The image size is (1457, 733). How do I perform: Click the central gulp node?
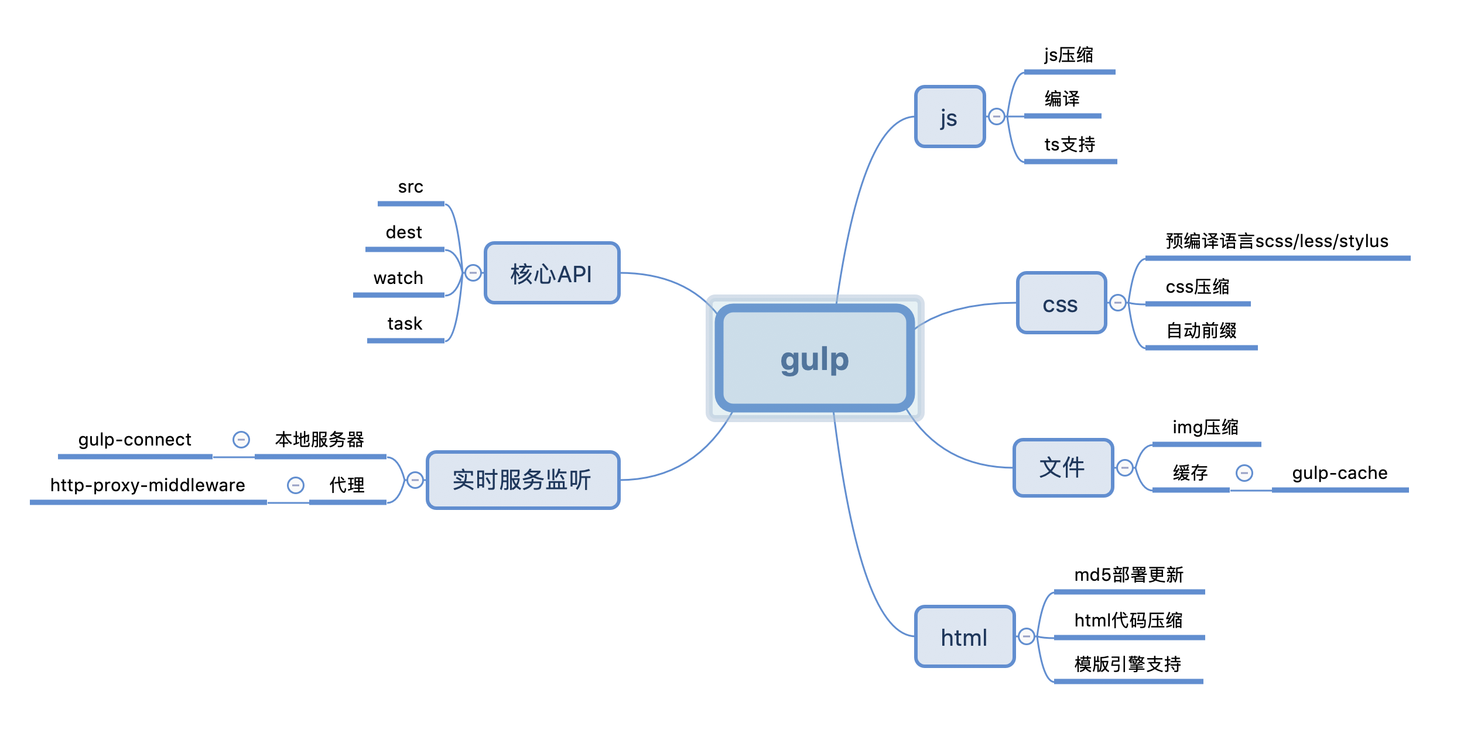[x=815, y=358]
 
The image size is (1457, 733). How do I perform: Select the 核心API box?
[x=552, y=273]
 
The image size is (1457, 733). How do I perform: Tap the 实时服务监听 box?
[x=522, y=480]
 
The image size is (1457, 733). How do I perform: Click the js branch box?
[x=950, y=117]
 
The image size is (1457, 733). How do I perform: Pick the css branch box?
[x=1061, y=303]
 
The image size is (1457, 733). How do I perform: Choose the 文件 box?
[x=1063, y=468]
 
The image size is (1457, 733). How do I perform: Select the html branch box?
[x=965, y=637]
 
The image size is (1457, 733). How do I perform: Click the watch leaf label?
[x=398, y=278]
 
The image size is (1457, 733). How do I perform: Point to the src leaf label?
[x=411, y=187]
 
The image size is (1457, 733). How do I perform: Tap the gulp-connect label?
[x=135, y=440]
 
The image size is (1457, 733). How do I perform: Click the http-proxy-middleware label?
[x=148, y=485]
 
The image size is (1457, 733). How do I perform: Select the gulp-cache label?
[x=1340, y=473]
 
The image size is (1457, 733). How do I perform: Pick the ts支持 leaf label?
[x=1069, y=145]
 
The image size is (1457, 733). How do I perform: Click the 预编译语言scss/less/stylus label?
[x=1277, y=241]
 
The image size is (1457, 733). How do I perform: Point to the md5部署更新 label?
[x=1128, y=575]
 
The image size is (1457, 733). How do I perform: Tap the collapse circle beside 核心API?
[x=473, y=273]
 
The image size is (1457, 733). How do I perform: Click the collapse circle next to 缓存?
[x=1244, y=473]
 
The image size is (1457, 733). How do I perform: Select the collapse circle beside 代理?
[x=296, y=485]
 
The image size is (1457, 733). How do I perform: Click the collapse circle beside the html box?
[x=1027, y=636]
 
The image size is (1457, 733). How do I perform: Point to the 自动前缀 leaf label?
[x=1201, y=331]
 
